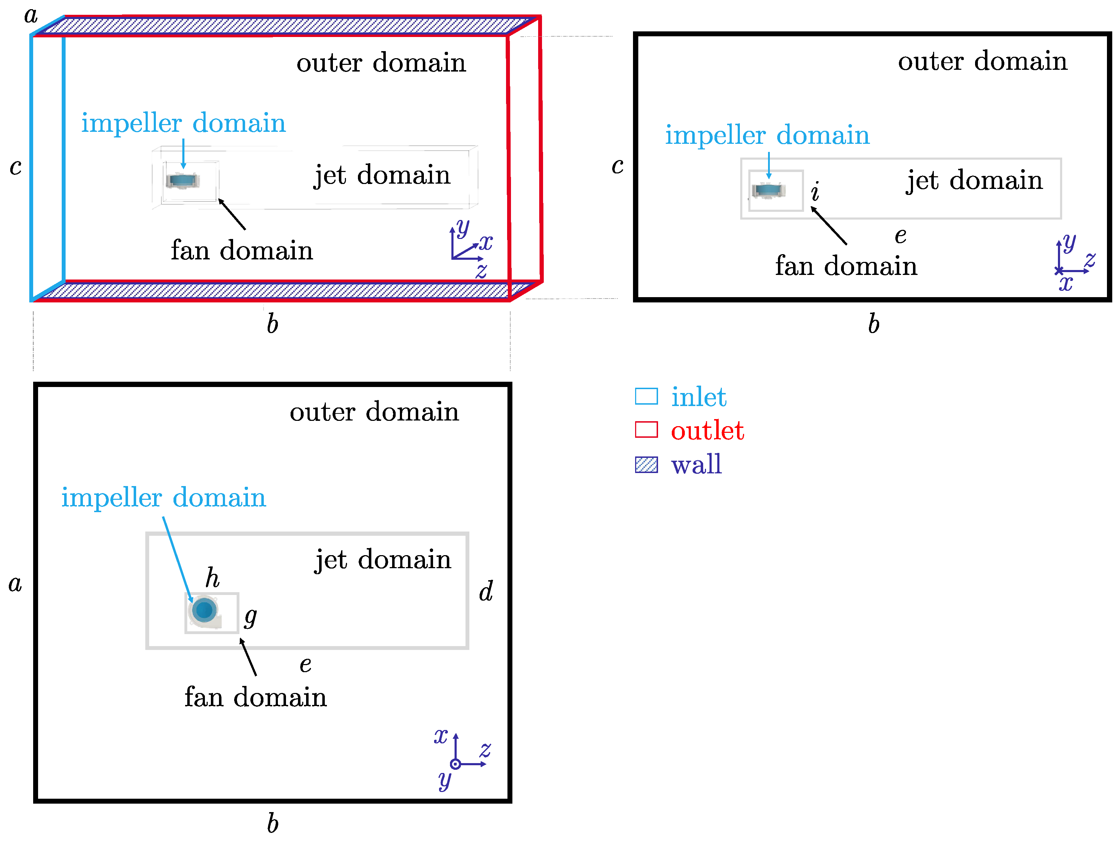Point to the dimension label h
coord(213,577)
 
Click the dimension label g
coord(250,617)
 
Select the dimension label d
coord(486,591)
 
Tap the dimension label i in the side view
coord(815,192)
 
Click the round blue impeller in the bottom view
coord(205,610)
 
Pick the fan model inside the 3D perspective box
coord(183,180)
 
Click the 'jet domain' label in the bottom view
coord(382,560)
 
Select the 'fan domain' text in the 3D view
coord(242,251)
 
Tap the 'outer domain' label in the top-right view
coord(982,61)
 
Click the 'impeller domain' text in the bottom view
coord(164,497)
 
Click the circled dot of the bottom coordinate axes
coord(455,764)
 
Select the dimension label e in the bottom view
coord(305,665)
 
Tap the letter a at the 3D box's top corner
coord(31,15)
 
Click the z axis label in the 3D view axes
coord(481,271)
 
